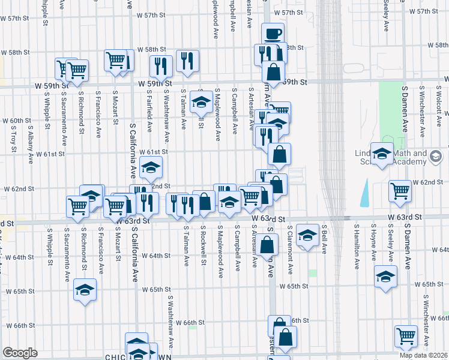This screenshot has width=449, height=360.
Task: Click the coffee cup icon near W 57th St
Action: coord(273,32)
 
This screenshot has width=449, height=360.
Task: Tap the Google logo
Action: coord(20,353)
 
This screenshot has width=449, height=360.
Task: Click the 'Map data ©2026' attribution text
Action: coord(424,355)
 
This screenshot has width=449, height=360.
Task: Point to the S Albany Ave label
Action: coord(29,150)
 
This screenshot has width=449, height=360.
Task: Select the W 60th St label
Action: coord(20,121)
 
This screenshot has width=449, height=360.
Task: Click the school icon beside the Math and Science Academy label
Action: coord(381,154)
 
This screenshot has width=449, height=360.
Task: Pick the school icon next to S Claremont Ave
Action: coord(307,235)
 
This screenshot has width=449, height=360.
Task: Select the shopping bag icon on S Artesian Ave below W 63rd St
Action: coord(270,244)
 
